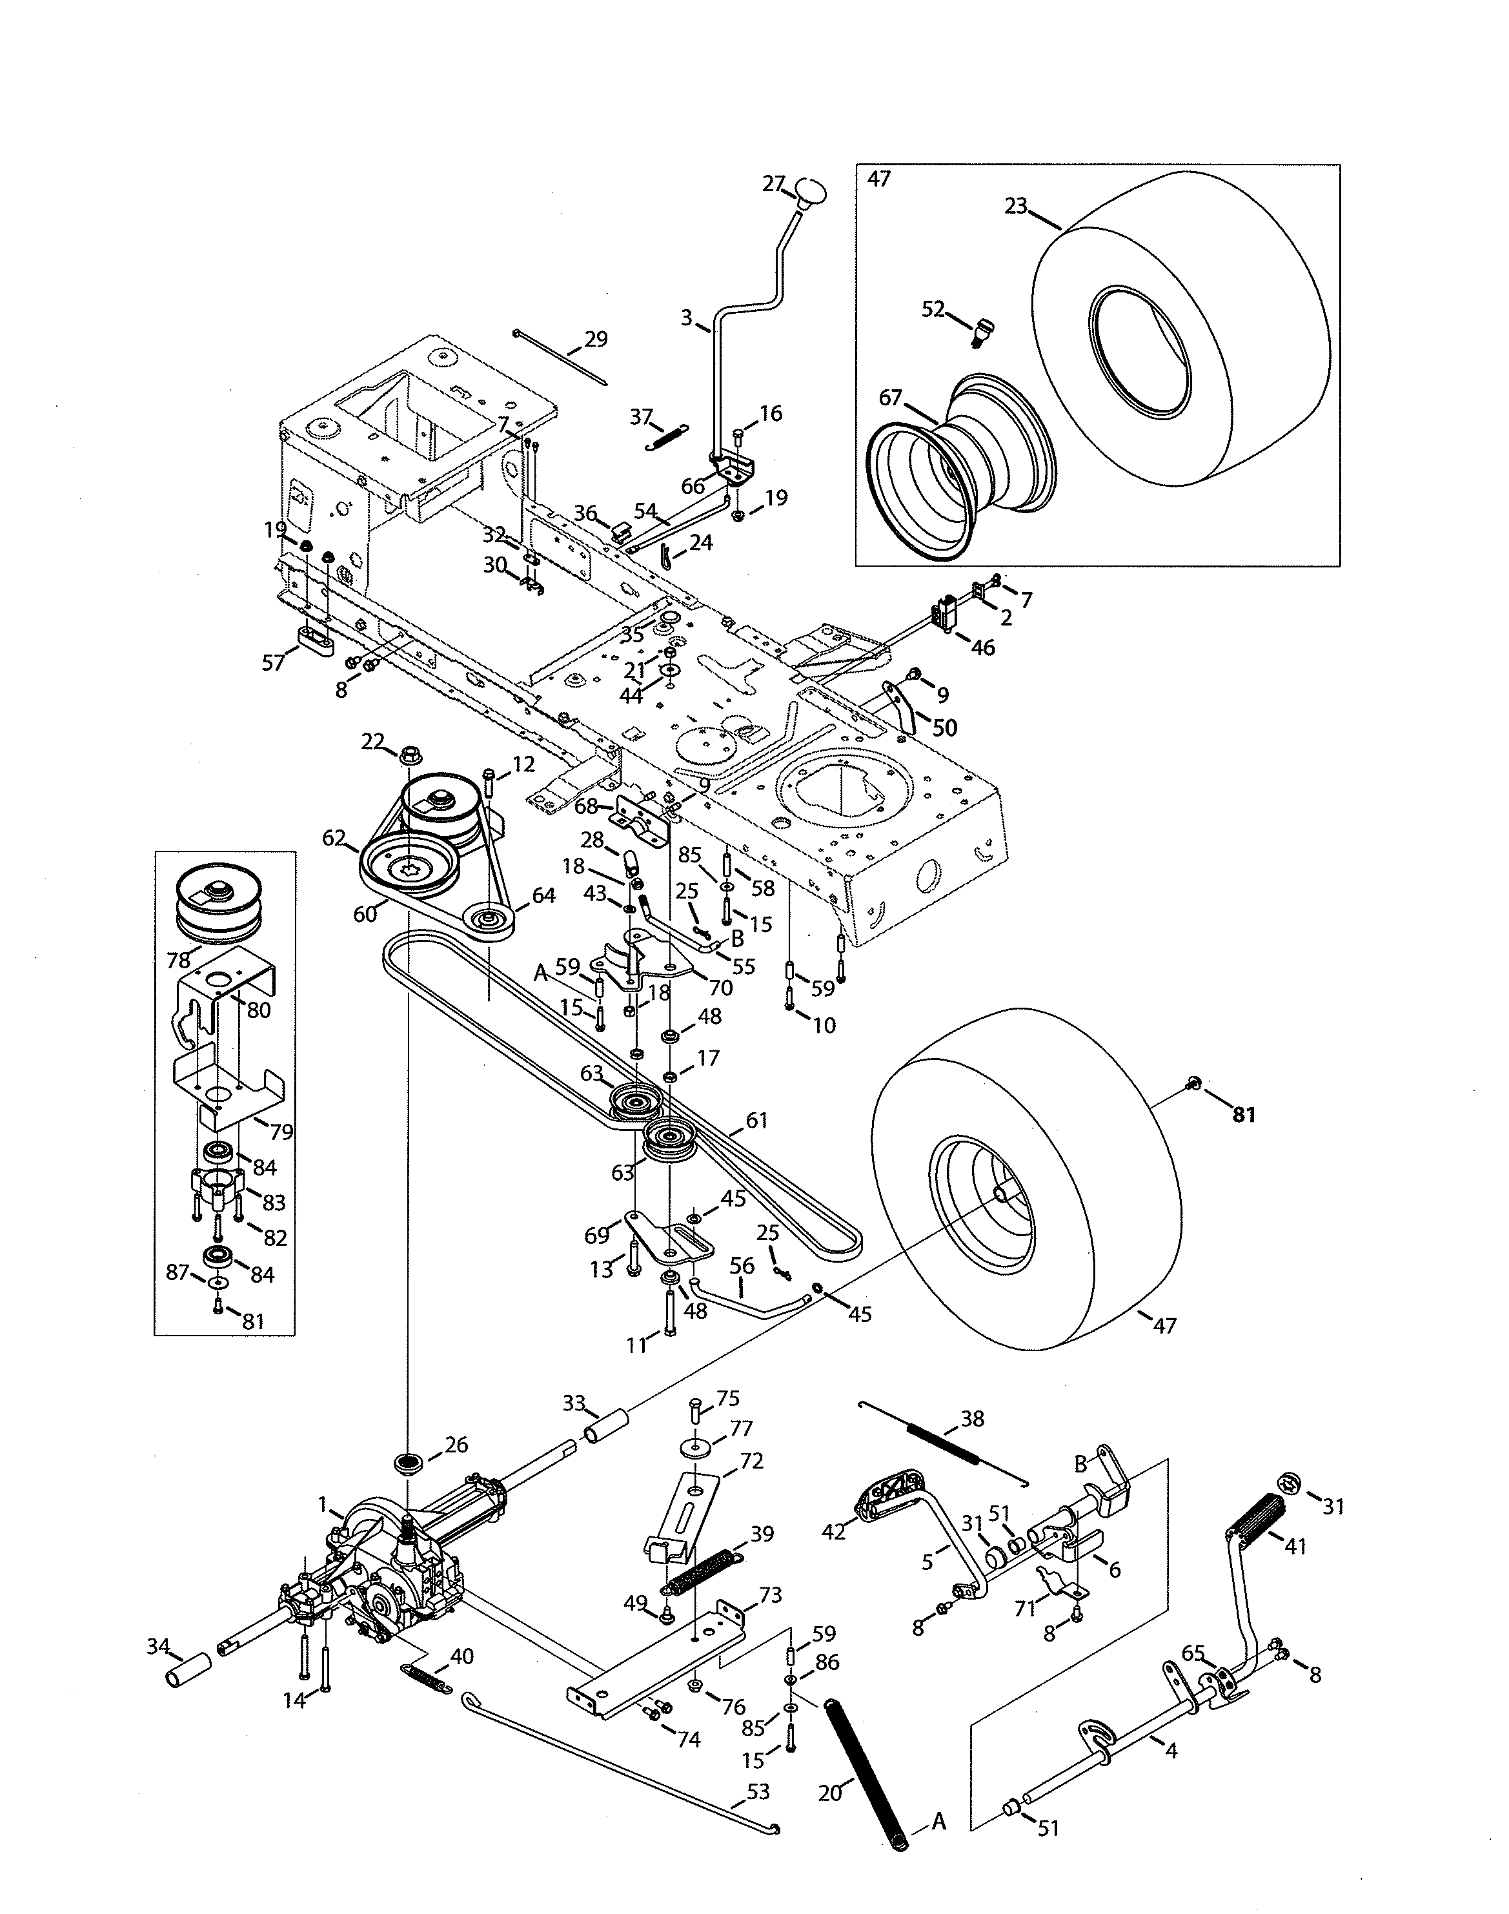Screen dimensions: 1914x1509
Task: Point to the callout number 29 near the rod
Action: coord(596,340)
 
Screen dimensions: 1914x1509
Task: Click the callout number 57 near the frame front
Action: coord(273,662)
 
